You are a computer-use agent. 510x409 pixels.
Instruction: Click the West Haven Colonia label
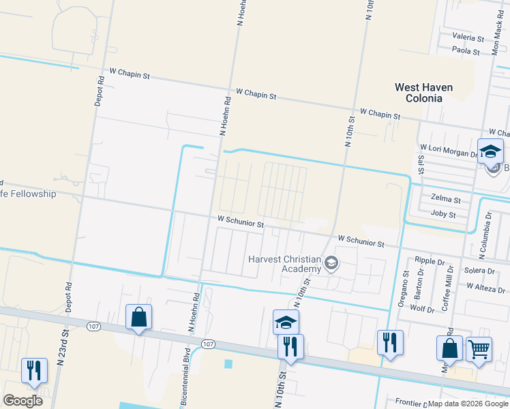click(428, 93)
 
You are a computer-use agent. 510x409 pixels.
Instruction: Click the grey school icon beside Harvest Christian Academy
click(331, 263)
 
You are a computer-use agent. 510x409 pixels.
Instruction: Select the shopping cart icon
click(479, 349)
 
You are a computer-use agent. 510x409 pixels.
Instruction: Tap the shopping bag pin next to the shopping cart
click(449, 347)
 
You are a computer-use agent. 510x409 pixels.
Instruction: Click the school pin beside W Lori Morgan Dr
click(490, 152)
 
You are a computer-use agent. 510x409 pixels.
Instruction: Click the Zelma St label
click(446, 200)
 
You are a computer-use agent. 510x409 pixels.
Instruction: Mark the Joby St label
click(443, 214)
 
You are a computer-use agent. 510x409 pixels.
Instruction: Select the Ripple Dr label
click(430, 261)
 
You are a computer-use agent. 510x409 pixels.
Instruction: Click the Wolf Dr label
click(422, 309)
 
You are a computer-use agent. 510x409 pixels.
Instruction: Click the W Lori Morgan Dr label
click(449, 148)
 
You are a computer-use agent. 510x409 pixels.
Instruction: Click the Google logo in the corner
click(22, 400)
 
